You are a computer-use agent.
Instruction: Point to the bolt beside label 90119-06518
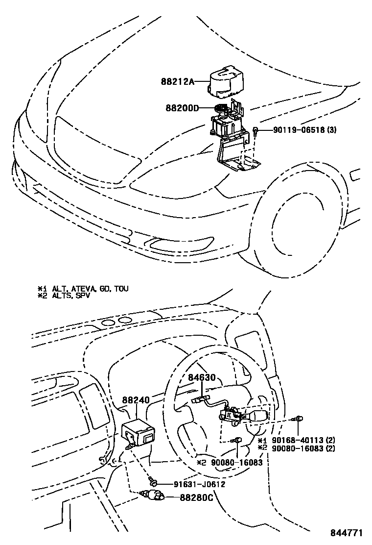256,130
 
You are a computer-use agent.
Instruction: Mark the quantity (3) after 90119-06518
330,130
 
